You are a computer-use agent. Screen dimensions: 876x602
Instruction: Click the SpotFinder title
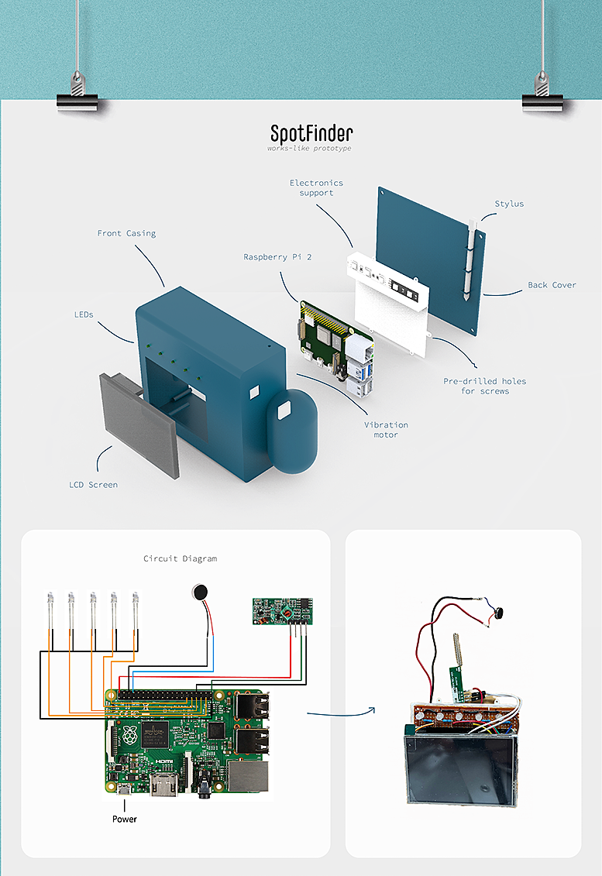coord(311,133)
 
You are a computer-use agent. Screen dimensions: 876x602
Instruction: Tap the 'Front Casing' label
coord(126,233)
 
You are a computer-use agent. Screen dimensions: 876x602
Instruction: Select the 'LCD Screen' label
coord(93,485)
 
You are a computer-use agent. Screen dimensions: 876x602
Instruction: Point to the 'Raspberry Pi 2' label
coord(277,256)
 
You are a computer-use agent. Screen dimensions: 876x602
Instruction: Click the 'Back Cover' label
coord(552,285)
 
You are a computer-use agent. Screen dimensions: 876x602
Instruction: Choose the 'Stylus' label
coord(509,204)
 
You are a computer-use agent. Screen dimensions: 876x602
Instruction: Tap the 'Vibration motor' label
coord(386,430)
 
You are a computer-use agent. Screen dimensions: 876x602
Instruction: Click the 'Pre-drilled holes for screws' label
coord(484,386)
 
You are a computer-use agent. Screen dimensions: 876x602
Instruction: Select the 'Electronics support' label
coord(316,187)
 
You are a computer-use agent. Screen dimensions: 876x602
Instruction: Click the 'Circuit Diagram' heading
coord(181,558)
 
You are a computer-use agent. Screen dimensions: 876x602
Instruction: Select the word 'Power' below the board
coord(124,819)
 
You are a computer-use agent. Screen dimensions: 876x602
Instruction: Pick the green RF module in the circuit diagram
coord(282,610)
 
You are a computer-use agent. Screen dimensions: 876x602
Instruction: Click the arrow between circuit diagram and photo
coord(341,711)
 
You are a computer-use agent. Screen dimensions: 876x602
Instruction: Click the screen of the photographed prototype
coord(459,767)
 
